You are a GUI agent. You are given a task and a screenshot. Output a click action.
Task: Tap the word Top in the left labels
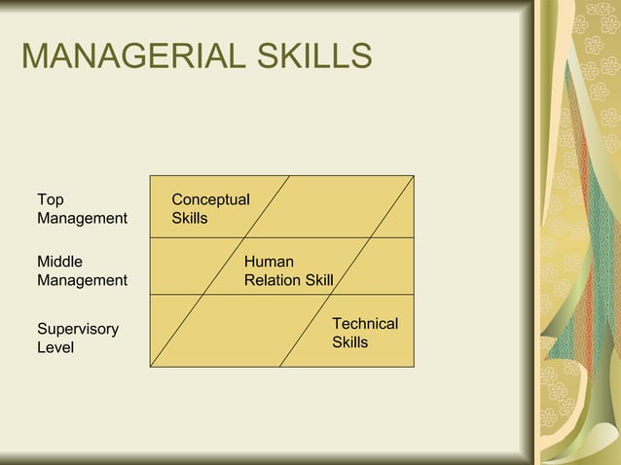[x=51, y=199]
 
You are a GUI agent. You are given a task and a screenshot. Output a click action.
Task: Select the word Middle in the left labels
[x=60, y=262]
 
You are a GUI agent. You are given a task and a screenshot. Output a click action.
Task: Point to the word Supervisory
[x=78, y=329]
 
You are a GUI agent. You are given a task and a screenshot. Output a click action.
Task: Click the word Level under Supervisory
[x=55, y=347]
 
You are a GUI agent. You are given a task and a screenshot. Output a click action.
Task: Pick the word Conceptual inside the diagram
[x=210, y=199]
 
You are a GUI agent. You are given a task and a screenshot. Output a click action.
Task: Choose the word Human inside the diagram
[x=269, y=262]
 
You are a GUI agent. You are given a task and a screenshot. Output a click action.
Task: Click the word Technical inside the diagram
[x=365, y=323]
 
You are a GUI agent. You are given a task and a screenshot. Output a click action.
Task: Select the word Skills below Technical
[x=350, y=341]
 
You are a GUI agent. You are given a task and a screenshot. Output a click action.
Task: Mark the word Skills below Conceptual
[x=190, y=218]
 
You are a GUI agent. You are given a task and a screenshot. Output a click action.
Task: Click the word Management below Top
[x=82, y=218]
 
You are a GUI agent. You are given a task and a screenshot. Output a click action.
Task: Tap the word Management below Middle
[x=82, y=280]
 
